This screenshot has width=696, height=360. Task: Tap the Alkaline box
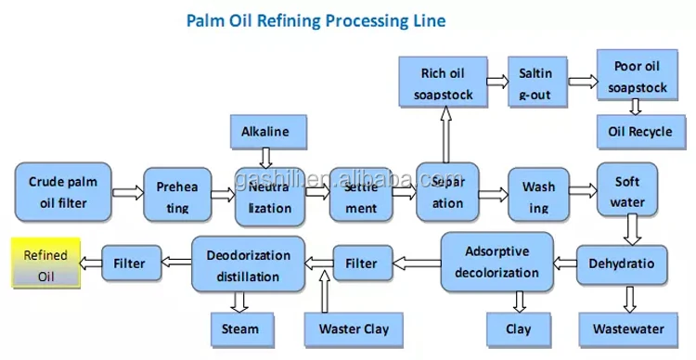(x=264, y=131)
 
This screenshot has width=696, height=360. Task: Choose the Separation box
(x=447, y=192)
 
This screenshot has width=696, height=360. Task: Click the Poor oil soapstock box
(x=638, y=78)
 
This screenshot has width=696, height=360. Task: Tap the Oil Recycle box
(x=637, y=132)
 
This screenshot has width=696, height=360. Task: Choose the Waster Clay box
(x=354, y=328)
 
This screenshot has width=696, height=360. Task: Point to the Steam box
(x=240, y=328)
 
